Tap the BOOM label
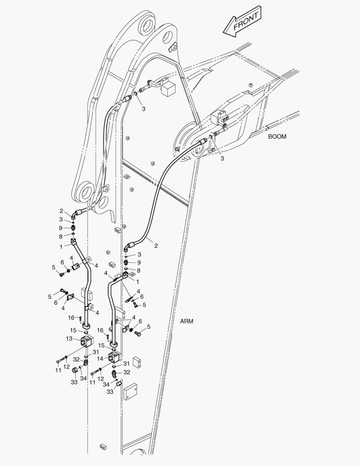[277, 136]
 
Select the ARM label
[187, 321]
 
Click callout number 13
[69, 339]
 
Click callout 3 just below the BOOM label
[222, 158]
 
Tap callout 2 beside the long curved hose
[156, 246]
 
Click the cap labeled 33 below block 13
[75, 370]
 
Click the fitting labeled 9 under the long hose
[126, 262]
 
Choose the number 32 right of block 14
[127, 372]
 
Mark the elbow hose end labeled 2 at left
[75, 213]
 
